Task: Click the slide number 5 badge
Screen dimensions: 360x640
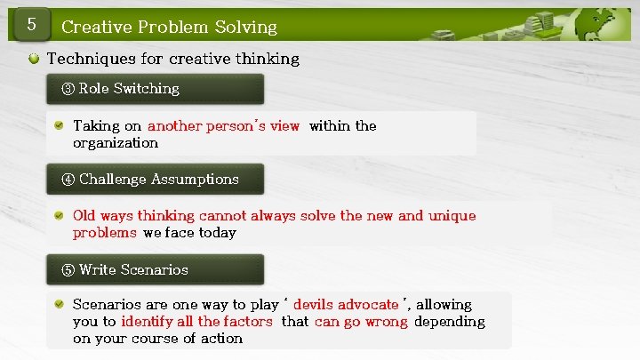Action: click(x=31, y=24)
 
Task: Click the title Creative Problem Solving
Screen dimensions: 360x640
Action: click(x=169, y=27)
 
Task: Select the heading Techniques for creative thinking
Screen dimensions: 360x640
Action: click(x=172, y=59)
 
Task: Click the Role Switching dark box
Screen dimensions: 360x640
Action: click(x=155, y=89)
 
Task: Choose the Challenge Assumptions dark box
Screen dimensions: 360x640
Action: click(x=155, y=179)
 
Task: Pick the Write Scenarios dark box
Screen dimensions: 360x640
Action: click(x=155, y=269)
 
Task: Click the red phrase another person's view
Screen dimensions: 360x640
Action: click(x=223, y=126)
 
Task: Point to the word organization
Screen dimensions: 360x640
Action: click(x=116, y=143)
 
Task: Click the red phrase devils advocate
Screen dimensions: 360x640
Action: click(x=346, y=305)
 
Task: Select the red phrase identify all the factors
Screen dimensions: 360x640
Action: click(x=196, y=322)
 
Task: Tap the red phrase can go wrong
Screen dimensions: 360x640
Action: click(x=361, y=322)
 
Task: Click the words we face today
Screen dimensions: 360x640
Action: click(x=189, y=233)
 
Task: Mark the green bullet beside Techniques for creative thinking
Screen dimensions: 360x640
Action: click(x=34, y=59)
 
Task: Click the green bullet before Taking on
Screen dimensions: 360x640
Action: click(x=58, y=126)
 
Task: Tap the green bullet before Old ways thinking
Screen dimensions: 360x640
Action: click(x=58, y=216)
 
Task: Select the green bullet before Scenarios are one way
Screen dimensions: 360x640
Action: click(x=58, y=305)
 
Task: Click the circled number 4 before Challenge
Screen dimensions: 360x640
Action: click(x=68, y=180)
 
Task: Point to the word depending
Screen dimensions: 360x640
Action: click(x=450, y=322)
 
